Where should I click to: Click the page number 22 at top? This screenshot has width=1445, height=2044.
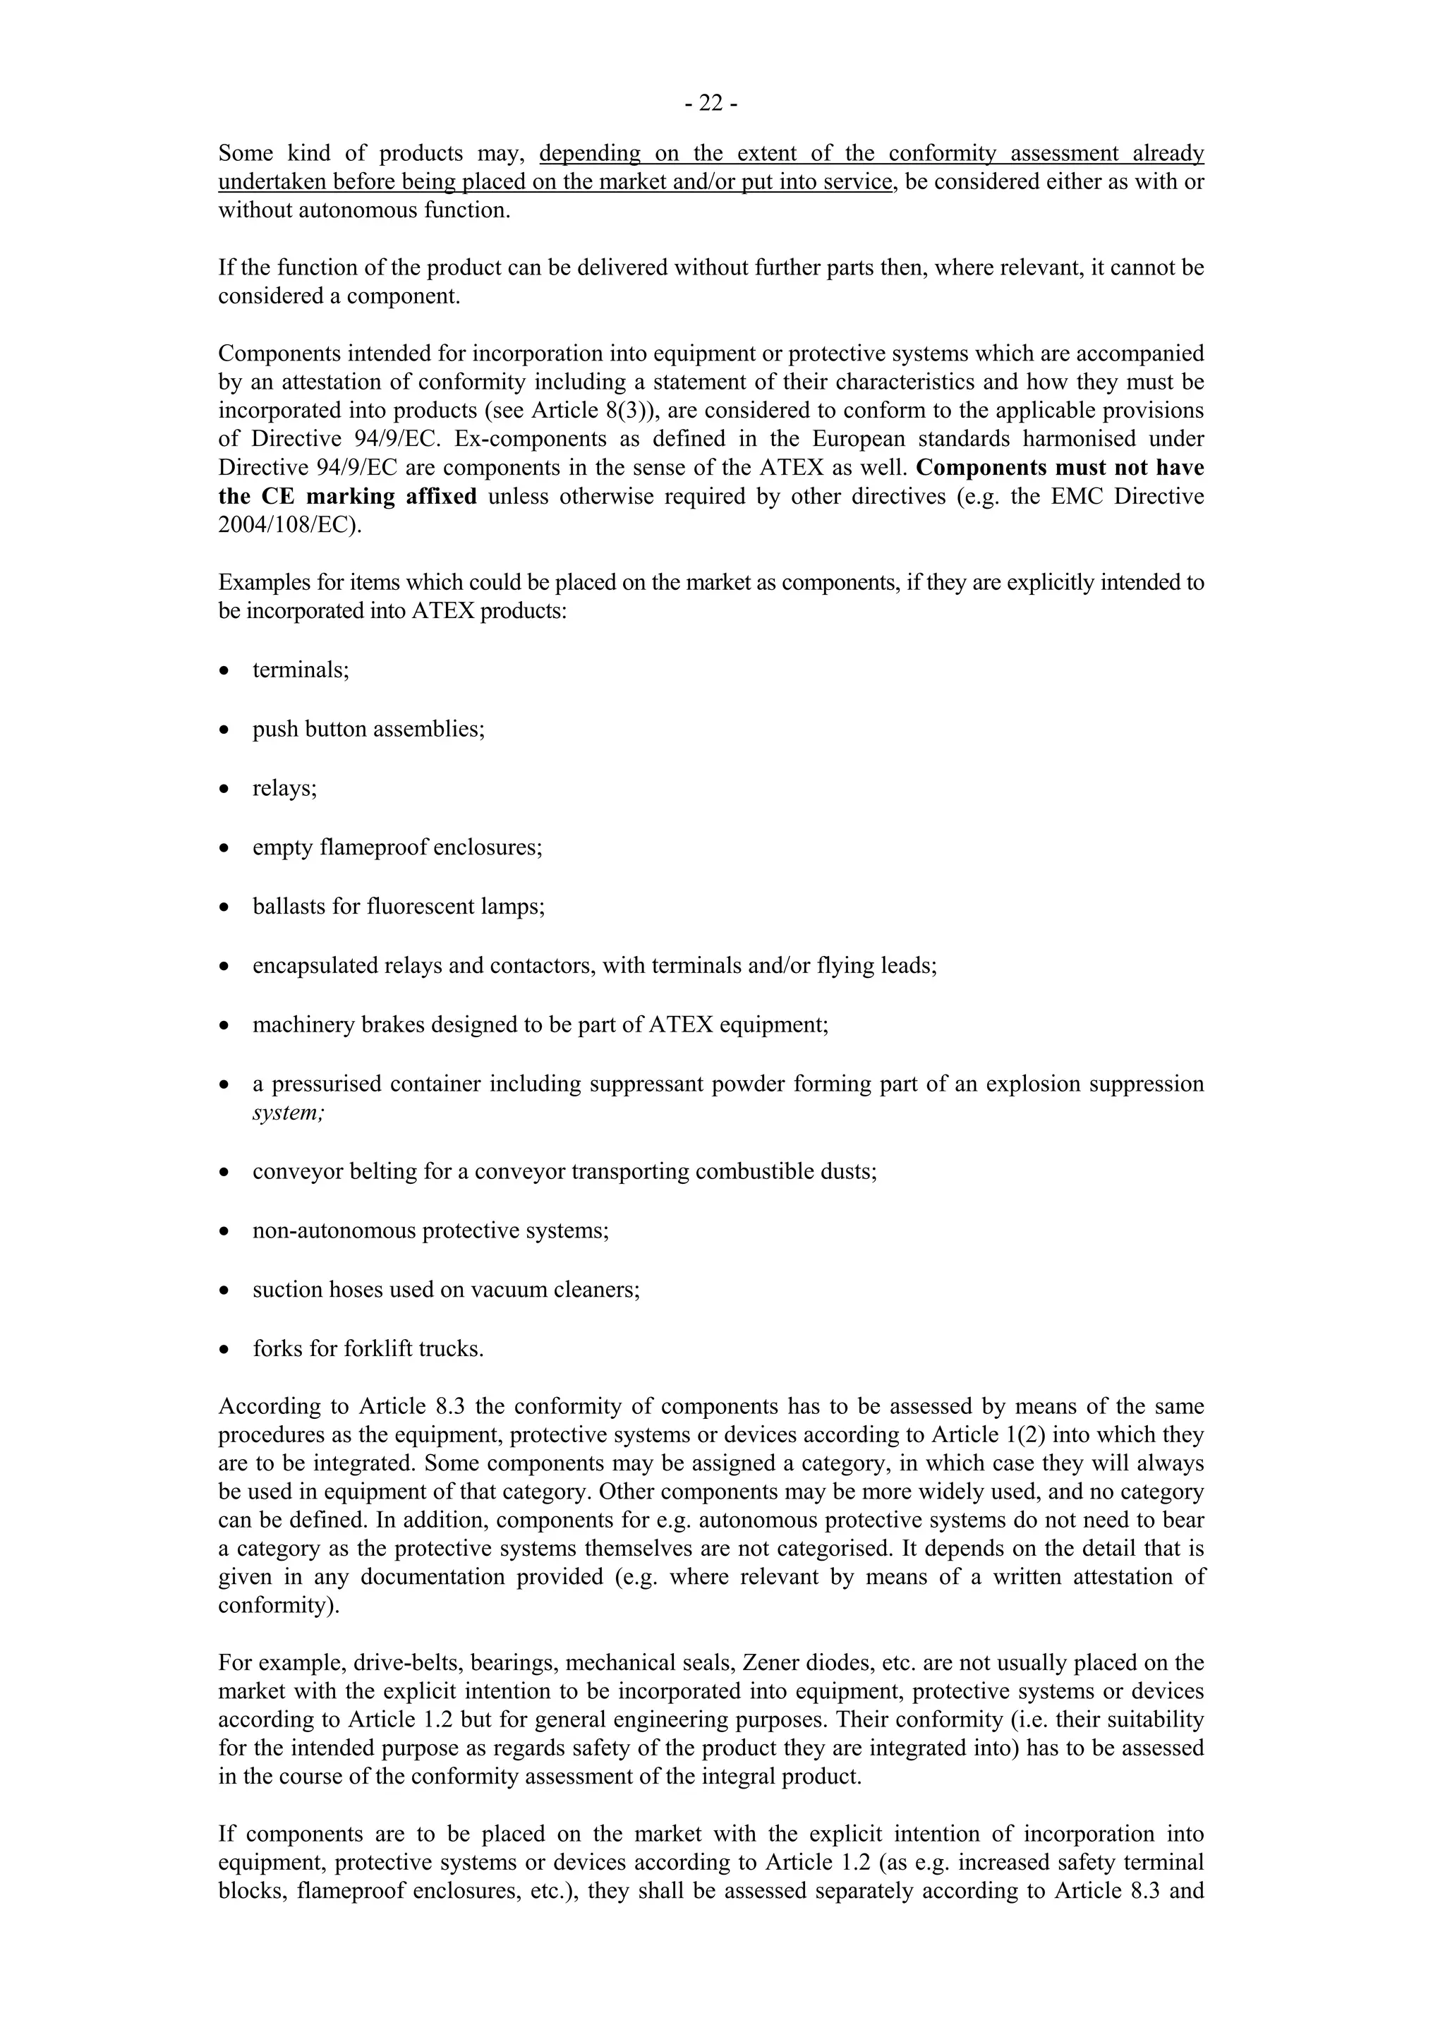(711, 104)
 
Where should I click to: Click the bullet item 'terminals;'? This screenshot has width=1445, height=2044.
(301, 670)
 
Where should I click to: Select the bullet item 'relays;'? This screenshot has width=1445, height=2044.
(284, 788)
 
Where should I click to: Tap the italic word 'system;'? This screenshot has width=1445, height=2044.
(289, 1113)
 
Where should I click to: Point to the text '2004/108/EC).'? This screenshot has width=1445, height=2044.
(290, 524)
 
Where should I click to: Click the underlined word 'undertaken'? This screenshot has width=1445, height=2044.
(272, 181)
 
